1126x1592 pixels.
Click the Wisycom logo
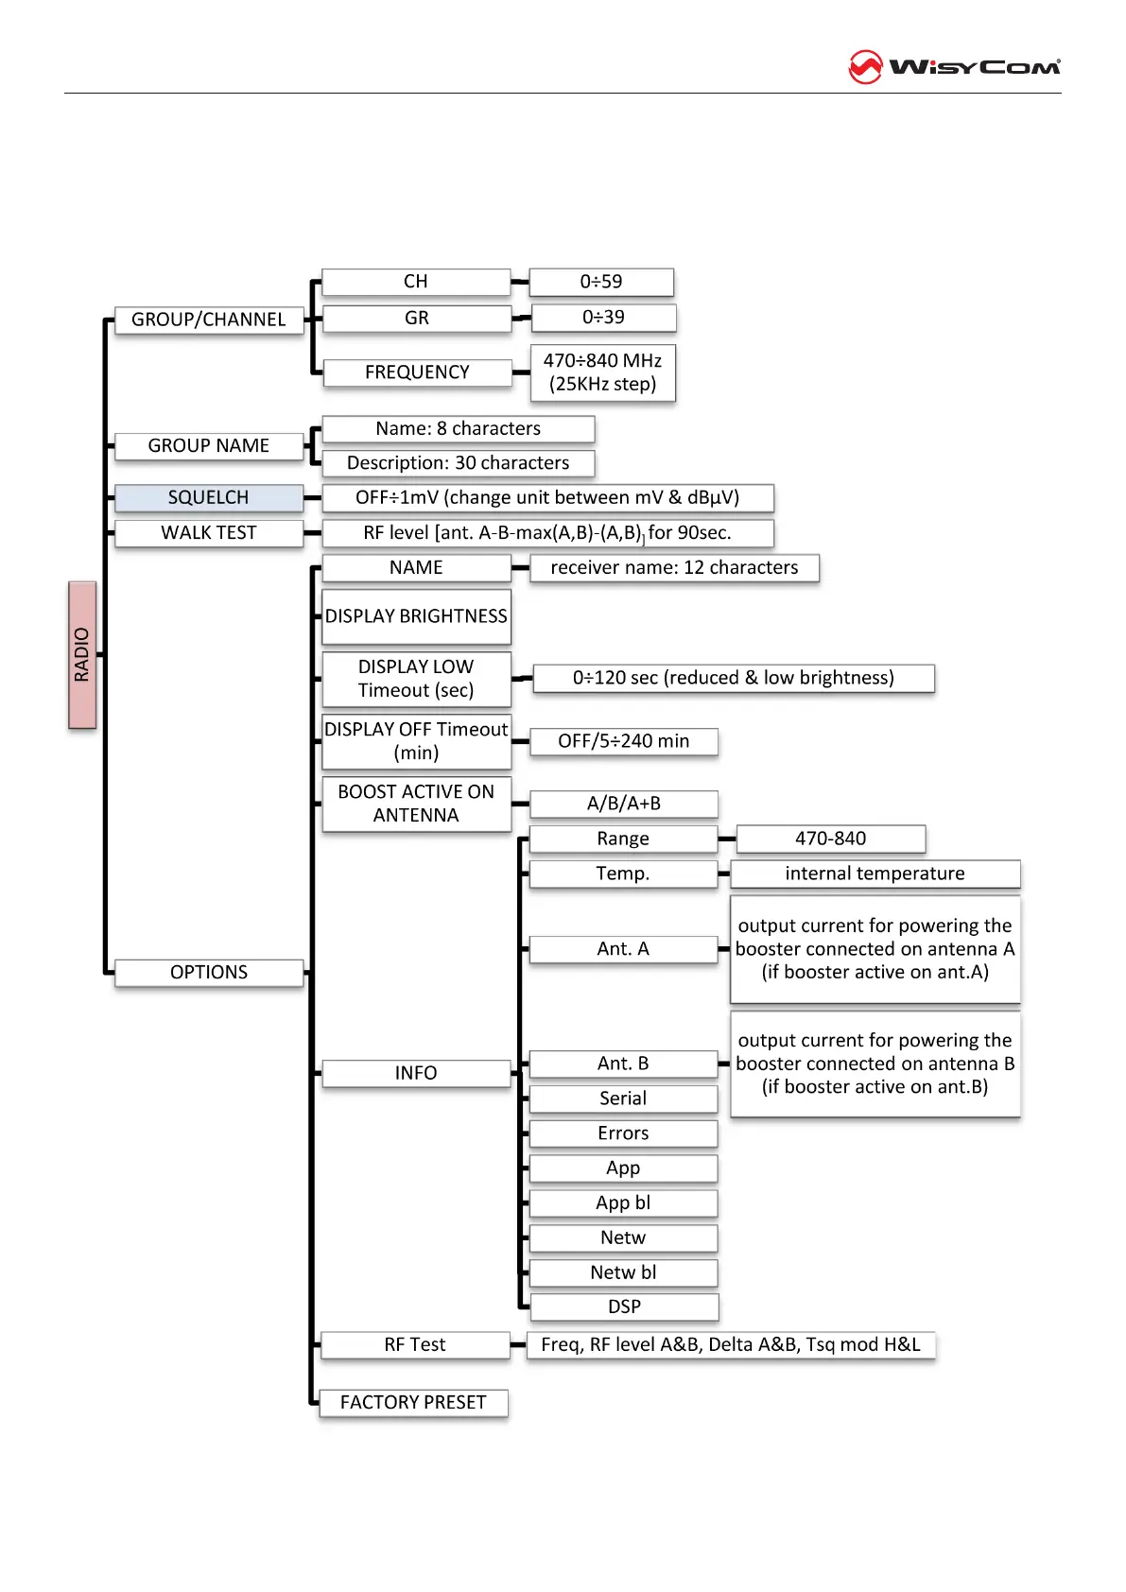(954, 67)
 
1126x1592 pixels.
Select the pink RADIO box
(82, 654)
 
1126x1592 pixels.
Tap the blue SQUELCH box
(208, 497)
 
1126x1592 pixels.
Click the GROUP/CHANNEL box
(208, 320)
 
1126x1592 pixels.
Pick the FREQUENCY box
(417, 372)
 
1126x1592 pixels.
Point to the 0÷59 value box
(601, 282)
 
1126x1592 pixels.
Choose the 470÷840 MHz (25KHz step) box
(602, 372)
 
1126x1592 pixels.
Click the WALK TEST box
(208, 533)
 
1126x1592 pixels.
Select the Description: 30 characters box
(458, 463)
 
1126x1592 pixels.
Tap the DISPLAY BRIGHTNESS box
(416, 616)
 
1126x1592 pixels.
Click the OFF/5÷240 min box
(623, 741)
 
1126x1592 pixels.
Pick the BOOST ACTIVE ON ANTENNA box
(416, 804)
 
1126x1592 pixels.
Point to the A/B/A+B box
(623, 804)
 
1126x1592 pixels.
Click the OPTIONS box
(208, 972)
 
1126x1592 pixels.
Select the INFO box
(416, 1073)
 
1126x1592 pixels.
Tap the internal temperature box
(875, 874)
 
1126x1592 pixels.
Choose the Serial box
(623, 1099)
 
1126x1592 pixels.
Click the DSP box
(624, 1306)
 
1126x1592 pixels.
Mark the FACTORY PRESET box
(413, 1402)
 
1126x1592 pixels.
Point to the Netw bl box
(623, 1272)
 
